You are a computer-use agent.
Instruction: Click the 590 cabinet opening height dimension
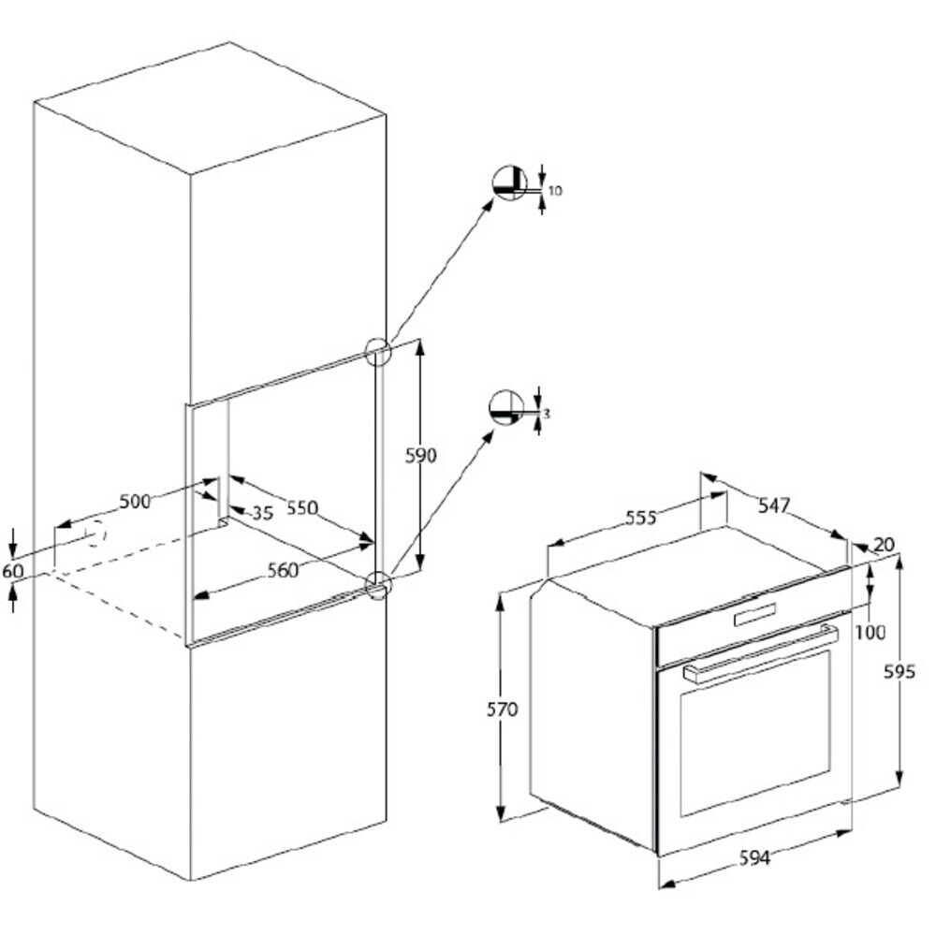[x=421, y=456]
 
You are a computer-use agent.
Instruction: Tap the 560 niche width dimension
[x=283, y=571]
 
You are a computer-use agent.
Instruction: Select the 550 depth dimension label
[x=302, y=508]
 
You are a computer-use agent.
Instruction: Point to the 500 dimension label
[x=136, y=502]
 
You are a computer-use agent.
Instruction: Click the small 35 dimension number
[x=263, y=513]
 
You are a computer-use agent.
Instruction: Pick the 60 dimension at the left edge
[x=12, y=571]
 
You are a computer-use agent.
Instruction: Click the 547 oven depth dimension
[x=774, y=505]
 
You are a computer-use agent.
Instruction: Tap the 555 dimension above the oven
[x=640, y=518]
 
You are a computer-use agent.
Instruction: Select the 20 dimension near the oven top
[x=885, y=545]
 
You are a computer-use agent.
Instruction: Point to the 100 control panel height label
[x=870, y=632]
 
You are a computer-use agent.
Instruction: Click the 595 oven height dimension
[x=899, y=672]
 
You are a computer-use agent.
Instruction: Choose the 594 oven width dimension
[x=755, y=858]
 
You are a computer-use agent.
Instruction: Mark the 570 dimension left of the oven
[x=502, y=709]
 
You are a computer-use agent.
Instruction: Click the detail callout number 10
[x=555, y=191]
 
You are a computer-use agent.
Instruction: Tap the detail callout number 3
[x=547, y=413]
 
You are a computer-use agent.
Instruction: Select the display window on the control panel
[x=755, y=615]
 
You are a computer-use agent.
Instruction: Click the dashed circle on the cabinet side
[x=95, y=534]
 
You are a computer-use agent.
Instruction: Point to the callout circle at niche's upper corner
[x=378, y=352]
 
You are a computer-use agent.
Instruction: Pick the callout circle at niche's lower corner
[x=378, y=584]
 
